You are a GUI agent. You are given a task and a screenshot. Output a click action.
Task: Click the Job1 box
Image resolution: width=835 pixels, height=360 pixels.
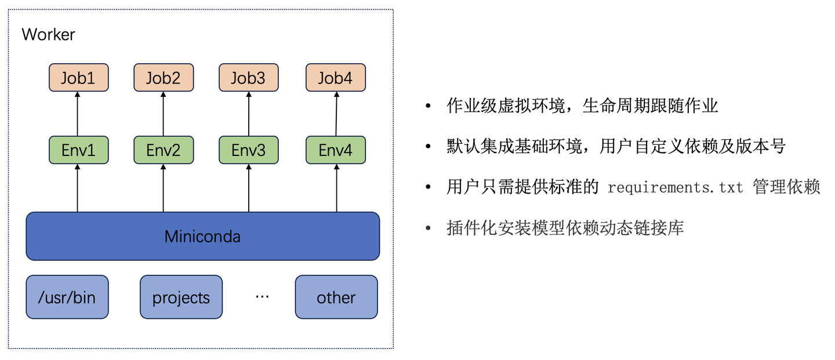pyautogui.click(x=78, y=78)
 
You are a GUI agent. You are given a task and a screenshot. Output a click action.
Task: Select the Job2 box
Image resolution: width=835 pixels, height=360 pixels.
pyautogui.click(x=163, y=78)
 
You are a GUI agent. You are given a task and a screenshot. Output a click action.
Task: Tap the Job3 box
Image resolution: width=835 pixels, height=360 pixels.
pyautogui.click(x=248, y=78)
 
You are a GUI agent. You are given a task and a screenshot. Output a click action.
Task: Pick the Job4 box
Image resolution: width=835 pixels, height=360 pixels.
pyautogui.click(x=335, y=78)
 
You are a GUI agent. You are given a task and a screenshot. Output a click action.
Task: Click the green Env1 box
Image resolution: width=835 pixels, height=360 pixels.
pyautogui.click(x=78, y=150)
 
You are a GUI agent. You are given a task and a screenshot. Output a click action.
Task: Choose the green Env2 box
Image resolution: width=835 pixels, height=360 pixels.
pyautogui.click(x=163, y=150)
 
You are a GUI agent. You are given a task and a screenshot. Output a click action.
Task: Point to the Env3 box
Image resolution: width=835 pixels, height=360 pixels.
pyautogui.click(x=248, y=150)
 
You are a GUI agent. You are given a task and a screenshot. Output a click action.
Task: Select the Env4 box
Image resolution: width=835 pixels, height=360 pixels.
pyautogui.click(x=335, y=150)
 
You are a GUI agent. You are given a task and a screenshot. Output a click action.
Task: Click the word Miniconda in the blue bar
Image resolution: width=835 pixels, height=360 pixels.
pyautogui.click(x=202, y=237)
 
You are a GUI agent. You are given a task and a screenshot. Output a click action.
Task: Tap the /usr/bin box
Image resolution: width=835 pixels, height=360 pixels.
pyautogui.click(x=67, y=297)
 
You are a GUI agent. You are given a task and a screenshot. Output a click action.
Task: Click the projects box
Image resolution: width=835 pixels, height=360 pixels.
pyautogui.click(x=181, y=297)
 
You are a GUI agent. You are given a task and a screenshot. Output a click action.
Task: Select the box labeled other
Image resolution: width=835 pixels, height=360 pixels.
pyautogui.click(x=336, y=297)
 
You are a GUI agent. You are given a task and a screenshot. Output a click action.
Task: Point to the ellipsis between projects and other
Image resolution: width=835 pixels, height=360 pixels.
pyautogui.click(x=262, y=297)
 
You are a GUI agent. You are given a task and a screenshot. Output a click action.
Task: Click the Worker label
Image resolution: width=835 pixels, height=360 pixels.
pyautogui.click(x=48, y=34)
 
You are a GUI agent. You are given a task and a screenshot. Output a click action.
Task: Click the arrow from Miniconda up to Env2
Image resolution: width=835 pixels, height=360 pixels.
pyautogui.click(x=163, y=188)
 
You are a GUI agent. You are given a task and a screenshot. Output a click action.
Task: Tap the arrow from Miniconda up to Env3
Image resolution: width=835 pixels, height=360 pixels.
pyautogui.click(x=248, y=188)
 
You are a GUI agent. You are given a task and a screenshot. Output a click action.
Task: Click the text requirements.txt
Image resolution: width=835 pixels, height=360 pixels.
pyautogui.click(x=675, y=188)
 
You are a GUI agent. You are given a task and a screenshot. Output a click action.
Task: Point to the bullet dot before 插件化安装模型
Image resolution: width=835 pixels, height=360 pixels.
pyautogui.click(x=428, y=228)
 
